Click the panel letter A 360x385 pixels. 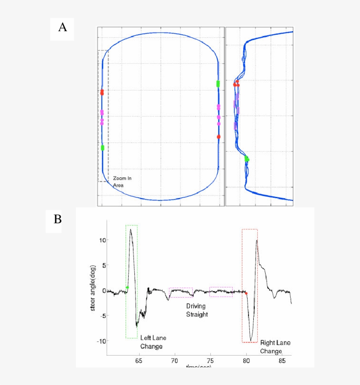(x=62, y=28)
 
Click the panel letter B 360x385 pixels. (x=58, y=219)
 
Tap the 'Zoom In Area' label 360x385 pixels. (x=122, y=182)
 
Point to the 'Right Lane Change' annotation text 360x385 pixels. (x=275, y=347)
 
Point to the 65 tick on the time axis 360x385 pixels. (x=139, y=360)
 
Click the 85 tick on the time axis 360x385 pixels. (x=282, y=360)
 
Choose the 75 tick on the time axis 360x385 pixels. (x=210, y=360)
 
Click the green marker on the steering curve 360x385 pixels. (x=127, y=287)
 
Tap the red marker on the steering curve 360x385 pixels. (x=246, y=293)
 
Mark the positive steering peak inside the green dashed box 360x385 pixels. (x=131, y=230)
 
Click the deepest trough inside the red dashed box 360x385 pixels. (x=251, y=340)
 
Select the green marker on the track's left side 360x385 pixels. (x=102, y=148)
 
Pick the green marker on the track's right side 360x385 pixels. (x=218, y=84)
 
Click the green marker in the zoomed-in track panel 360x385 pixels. (x=247, y=159)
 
